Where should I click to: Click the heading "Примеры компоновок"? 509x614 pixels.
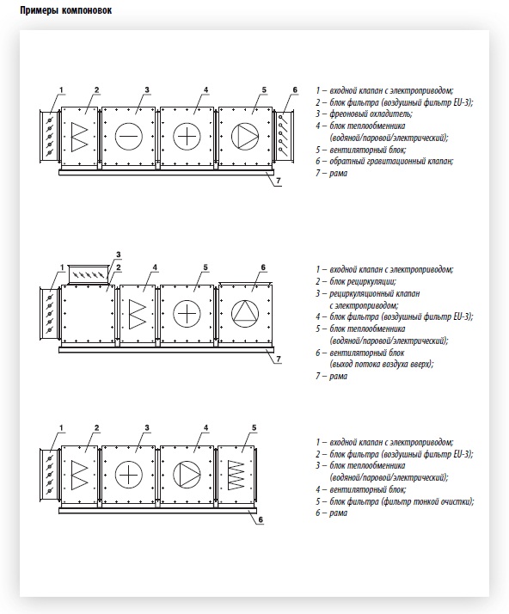(66, 10)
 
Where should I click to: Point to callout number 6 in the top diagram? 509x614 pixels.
(295, 90)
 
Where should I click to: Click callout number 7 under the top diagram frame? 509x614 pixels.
(279, 181)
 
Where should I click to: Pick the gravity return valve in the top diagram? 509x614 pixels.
(284, 136)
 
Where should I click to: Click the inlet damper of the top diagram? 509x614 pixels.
(49, 136)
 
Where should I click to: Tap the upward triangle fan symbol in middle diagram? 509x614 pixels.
(245, 314)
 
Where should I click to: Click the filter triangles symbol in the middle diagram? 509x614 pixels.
(138, 314)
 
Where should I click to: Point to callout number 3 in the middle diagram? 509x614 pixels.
(119, 255)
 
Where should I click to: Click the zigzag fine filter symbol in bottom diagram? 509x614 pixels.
(236, 475)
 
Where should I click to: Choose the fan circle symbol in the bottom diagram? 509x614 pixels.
(187, 475)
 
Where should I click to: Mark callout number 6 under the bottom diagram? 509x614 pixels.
(261, 520)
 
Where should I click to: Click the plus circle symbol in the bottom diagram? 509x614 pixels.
(129, 475)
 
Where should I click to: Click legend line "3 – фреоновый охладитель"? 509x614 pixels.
(365, 114)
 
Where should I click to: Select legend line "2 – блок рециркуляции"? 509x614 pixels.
(356, 281)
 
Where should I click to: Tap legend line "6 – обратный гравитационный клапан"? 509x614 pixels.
(384, 162)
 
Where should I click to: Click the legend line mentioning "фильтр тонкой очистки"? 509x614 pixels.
(395, 501)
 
